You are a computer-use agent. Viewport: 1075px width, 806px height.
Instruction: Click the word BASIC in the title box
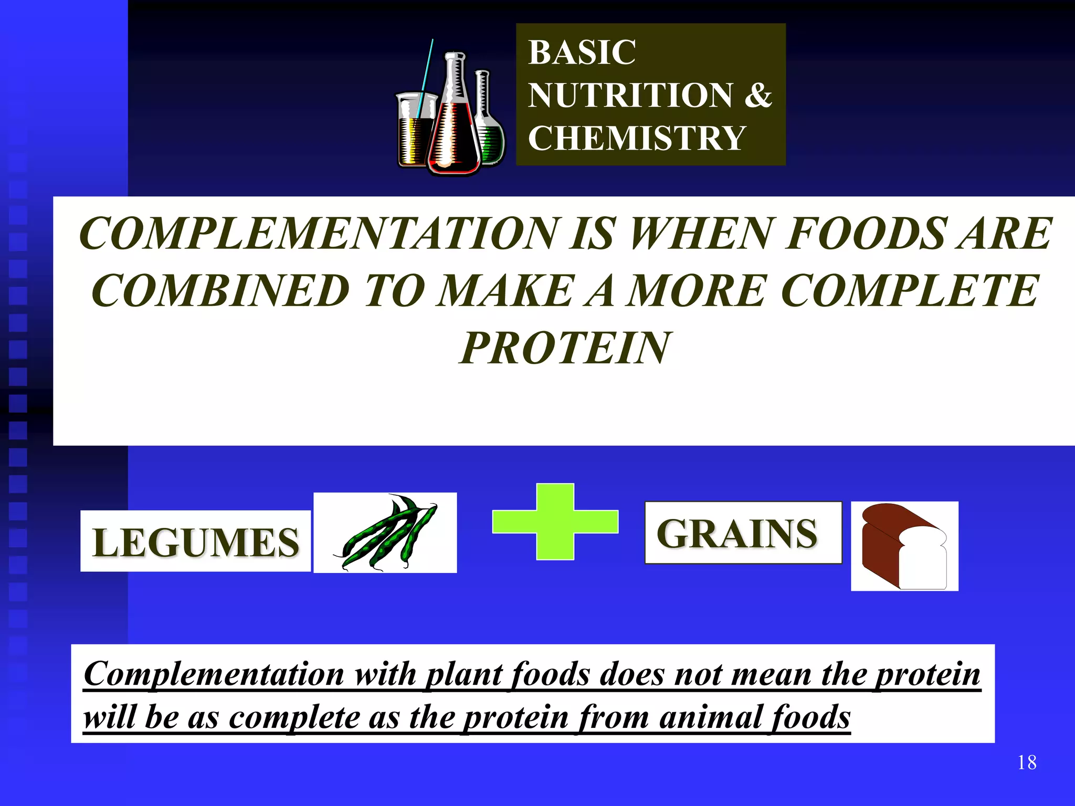point(582,52)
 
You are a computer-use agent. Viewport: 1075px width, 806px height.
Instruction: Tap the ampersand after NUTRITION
point(758,95)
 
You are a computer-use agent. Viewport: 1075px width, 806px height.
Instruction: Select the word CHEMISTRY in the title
point(636,139)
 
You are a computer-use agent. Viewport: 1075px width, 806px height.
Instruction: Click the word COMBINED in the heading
point(220,291)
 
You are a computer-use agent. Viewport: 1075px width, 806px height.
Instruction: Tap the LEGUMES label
point(195,542)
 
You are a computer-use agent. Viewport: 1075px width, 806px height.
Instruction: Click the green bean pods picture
point(386,533)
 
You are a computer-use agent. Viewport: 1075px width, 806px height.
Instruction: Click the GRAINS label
point(737,534)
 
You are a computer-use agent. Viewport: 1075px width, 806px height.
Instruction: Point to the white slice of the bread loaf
point(923,561)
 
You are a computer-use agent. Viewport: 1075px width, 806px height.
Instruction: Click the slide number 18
point(1026,762)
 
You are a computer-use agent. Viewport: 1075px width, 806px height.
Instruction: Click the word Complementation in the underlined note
point(214,674)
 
